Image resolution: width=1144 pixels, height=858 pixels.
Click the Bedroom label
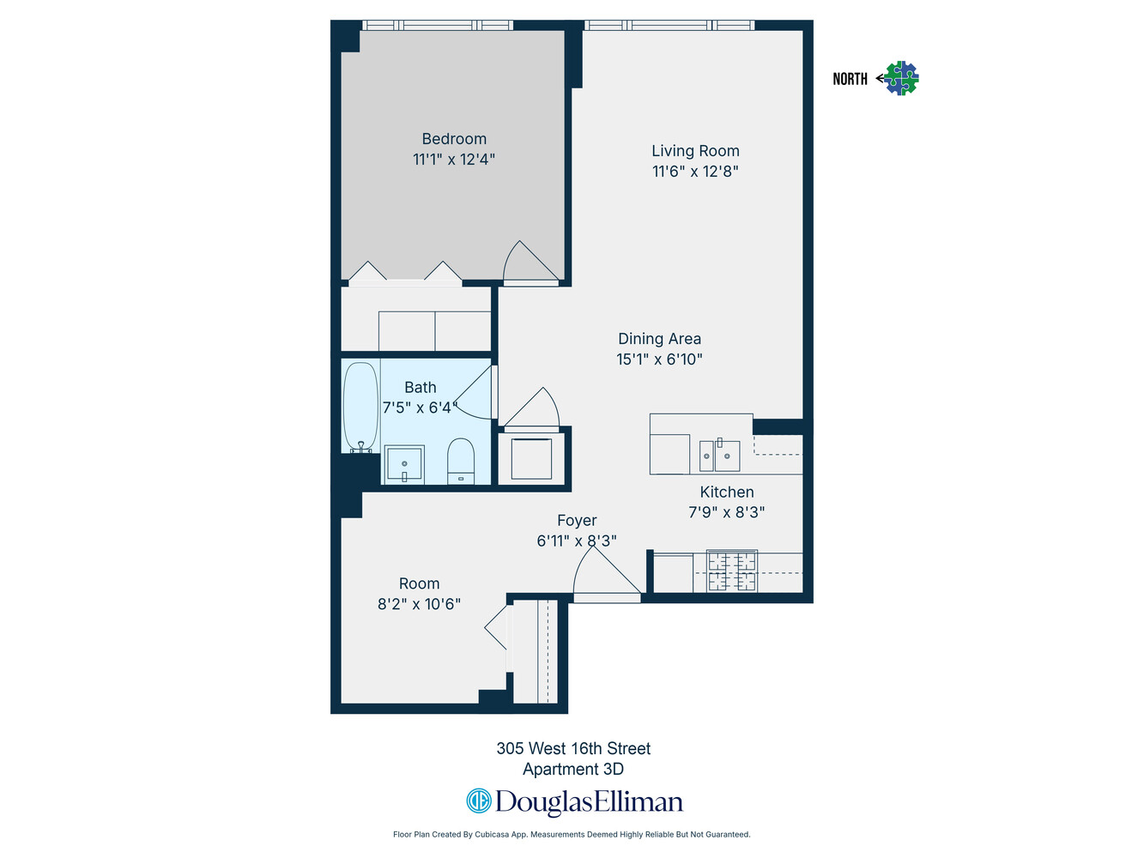click(x=454, y=139)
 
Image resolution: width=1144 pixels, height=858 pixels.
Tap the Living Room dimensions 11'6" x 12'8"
click(x=695, y=172)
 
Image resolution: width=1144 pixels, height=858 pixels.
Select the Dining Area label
click(x=659, y=339)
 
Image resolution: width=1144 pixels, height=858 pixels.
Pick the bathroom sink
click(x=404, y=464)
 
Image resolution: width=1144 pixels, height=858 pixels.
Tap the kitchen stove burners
click(x=732, y=571)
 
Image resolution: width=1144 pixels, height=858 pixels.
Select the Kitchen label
click(x=727, y=492)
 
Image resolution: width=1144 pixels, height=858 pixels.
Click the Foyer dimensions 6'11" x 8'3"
click(x=577, y=541)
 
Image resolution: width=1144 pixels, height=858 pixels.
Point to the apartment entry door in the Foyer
click(x=606, y=577)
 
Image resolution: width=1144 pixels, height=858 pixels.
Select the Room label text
click(x=419, y=584)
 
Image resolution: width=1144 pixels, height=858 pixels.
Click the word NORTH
click(x=850, y=79)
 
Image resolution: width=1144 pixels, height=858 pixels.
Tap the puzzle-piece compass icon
click(x=901, y=78)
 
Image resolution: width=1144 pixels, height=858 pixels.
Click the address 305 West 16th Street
click(x=573, y=748)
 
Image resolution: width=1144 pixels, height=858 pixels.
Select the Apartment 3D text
click(x=573, y=770)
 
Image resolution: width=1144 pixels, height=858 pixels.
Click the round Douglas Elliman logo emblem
click(x=478, y=801)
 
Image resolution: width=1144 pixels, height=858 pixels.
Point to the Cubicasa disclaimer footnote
click(x=572, y=834)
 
